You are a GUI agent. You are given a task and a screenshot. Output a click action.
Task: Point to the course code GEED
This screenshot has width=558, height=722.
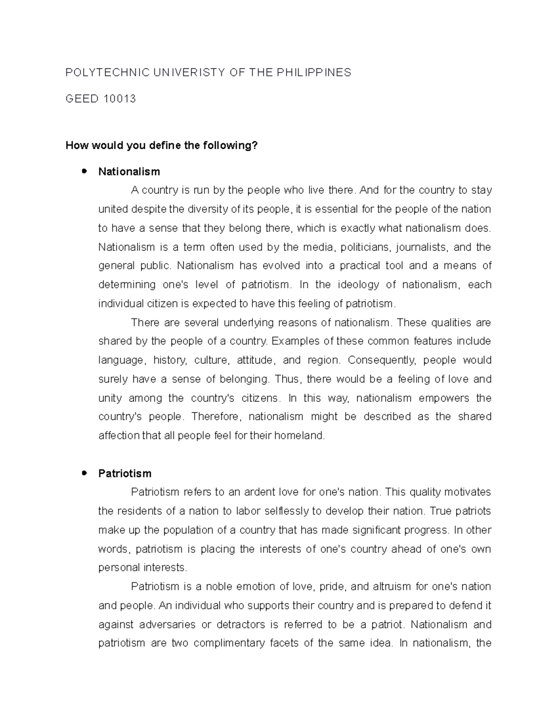pyautogui.click(x=82, y=99)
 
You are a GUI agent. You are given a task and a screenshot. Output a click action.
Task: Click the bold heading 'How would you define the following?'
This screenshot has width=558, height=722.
pyautogui.click(x=161, y=146)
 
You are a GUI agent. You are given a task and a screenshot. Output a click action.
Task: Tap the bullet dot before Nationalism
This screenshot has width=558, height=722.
pyautogui.click(x=84, y=171)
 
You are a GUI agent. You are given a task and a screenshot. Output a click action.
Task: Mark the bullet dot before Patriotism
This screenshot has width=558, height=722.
pyautogui.click(x=84, y=473)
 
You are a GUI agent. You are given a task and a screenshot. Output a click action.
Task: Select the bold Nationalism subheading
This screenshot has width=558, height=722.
pyautogui.click(x=129, y=172)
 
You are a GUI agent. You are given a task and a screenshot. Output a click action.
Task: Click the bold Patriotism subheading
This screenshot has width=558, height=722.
pyautogui.click(x=125, y=473)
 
